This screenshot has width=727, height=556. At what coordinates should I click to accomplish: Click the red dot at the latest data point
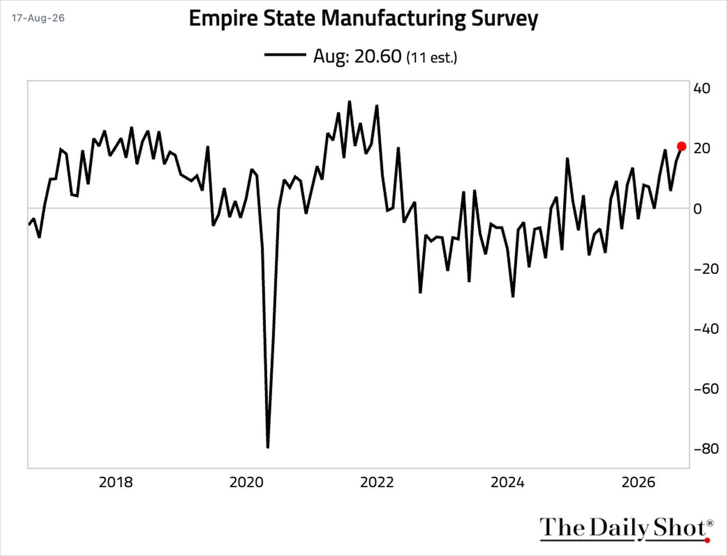(x=682, y=146)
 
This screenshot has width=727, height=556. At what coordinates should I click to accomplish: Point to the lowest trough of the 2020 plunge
(x=268, y=447)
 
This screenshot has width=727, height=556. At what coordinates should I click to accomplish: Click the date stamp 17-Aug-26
(x=38, y=18)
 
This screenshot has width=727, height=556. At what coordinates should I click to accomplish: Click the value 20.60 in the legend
(x=378, y=56)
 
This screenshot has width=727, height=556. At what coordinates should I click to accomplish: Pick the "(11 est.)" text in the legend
(x=432, y=57)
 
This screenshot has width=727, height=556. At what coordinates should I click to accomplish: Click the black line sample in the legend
(x=285, y=55)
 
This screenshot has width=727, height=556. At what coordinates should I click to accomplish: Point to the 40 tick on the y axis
(x=702, y=88)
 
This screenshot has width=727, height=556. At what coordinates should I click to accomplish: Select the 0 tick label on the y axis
(x=698, y=209)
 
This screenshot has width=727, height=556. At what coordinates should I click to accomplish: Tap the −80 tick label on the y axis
(x=706, y=449)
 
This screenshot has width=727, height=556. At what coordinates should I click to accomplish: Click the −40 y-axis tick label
(x=706, y=329)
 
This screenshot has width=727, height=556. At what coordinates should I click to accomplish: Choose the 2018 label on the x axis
(x=116, y=482)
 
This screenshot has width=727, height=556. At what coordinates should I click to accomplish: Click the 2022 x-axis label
(x=377, y=482)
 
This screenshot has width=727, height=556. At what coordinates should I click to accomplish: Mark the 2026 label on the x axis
(x=638, y=482)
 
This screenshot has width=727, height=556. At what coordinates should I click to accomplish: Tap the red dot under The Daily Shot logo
(x=707, y=541)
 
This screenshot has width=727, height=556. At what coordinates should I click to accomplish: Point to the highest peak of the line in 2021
(x=350, y=102)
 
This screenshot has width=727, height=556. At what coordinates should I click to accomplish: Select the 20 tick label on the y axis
(x=702, y=148)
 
